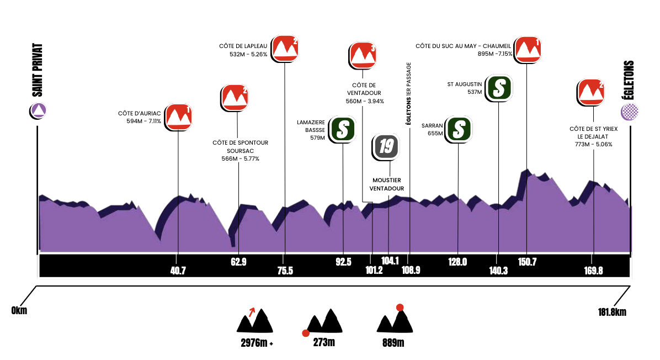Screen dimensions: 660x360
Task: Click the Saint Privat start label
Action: click(x=38, y=70)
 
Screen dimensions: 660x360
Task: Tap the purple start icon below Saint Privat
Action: click(x=38, y=111)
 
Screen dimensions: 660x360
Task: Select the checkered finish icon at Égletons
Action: click(x=630, y=112)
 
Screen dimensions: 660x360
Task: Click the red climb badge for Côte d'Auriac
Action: click(x=178, y=117)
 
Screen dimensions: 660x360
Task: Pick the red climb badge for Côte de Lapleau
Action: click(x=285, y=49)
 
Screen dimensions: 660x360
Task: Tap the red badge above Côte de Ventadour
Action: click(x=363, y=56)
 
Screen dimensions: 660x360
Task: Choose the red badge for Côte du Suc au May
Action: click(x=528, y=50)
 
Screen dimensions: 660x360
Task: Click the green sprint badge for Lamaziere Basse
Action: click(x=342, y=129)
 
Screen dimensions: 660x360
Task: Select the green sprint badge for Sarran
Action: click(x=459, y=129)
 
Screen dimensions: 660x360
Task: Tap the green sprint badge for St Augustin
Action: click(x=498, y=88)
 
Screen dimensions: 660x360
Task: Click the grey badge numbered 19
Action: click(x=386, y=147)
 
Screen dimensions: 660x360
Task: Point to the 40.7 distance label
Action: click(x=178, y=271)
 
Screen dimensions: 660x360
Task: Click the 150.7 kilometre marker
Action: click(x=528, y=262)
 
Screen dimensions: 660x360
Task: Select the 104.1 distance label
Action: click(x=390, y=261)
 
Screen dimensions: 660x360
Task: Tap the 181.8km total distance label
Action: click(x=612, y=312)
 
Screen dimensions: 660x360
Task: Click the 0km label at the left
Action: click(x=19, y=311)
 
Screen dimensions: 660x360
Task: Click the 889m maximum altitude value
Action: click(x=393, y=343)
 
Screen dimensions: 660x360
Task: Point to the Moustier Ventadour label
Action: click(x=387, y=184)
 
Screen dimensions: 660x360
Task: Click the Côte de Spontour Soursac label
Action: click(x=241, y=151)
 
